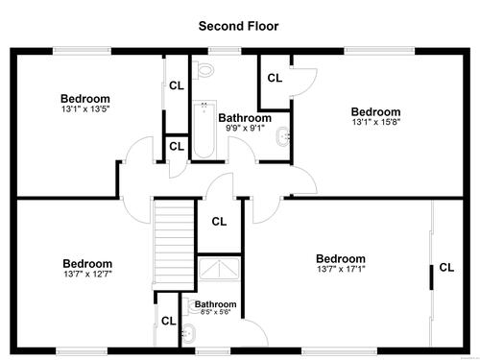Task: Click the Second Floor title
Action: (x=238, y=26)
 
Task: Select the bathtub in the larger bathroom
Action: (x=204, y=130)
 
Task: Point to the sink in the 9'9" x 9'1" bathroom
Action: (x=283, y=136)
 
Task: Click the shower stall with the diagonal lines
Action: (x=219, y=269)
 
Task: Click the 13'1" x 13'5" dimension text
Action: (x=85, y=108)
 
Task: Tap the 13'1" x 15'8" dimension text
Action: (x=376, y=122)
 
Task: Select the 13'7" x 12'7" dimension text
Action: (x=87, y=274)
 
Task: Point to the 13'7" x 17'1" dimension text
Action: (x=341, y=269)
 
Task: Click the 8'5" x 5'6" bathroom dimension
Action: (x=215, y=312)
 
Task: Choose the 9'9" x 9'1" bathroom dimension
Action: (x=245, y=128)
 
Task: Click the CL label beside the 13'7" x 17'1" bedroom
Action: (x=446, y=267)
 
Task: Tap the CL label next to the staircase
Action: (x=219, y=221)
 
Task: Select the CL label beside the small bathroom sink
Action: (x=169, y=321)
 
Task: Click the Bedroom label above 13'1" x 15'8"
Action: (x=376, y=111)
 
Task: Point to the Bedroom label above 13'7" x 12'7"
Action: (x=87, y=264)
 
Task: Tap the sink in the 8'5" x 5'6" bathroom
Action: (x=189, y=333)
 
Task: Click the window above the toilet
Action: (x=225, y=51)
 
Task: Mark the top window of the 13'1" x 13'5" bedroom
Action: (x=82, y=51)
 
